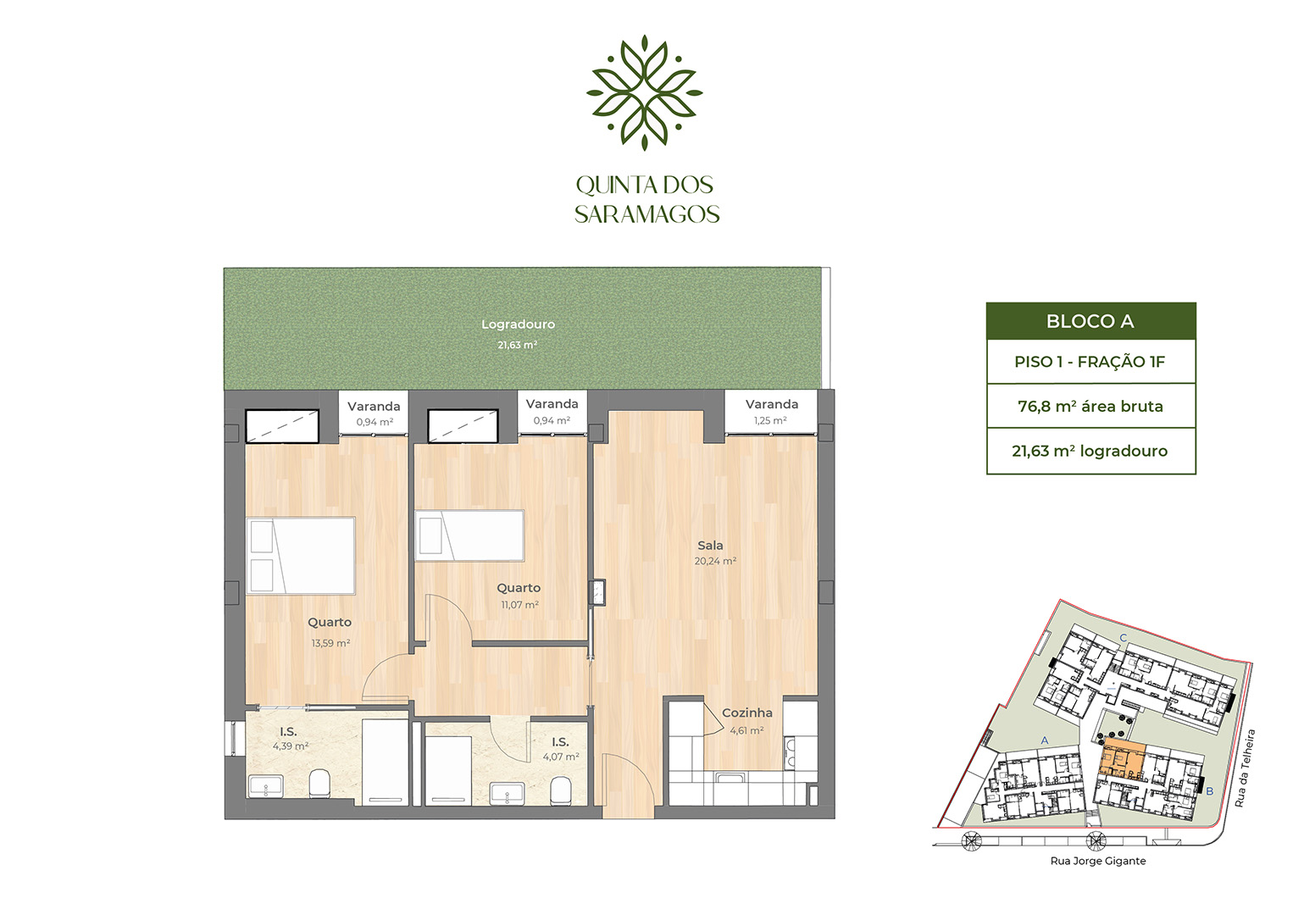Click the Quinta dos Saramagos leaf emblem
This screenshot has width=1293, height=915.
tap(644, 92)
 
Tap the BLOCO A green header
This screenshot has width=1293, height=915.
tap(1090, 321)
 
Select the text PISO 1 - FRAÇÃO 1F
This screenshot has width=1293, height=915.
tap(1090, 362)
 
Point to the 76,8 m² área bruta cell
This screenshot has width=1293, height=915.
tap(1090, 407)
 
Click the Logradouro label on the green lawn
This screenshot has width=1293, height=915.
tap(518, 324)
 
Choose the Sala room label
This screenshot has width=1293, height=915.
tap(710, 546)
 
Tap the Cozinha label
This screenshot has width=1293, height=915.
tap(746, 713)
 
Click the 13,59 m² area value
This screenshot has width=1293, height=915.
tap(330, 643)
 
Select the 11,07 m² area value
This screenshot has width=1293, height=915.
tap(519, 605)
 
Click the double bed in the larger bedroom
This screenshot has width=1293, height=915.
tap(301, 556)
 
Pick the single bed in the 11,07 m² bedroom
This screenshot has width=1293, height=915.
tap(469, 535)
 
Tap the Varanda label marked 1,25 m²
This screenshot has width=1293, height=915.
tap(771, 405)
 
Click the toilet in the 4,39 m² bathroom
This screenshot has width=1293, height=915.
tap(319, 784)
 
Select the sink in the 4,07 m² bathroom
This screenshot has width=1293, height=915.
tap(507, 794)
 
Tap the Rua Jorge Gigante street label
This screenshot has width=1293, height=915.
tap(1097, 861)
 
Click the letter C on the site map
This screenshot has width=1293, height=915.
tap(1123, 638)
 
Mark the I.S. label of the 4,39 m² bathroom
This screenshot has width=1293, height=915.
tap(288, 732)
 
